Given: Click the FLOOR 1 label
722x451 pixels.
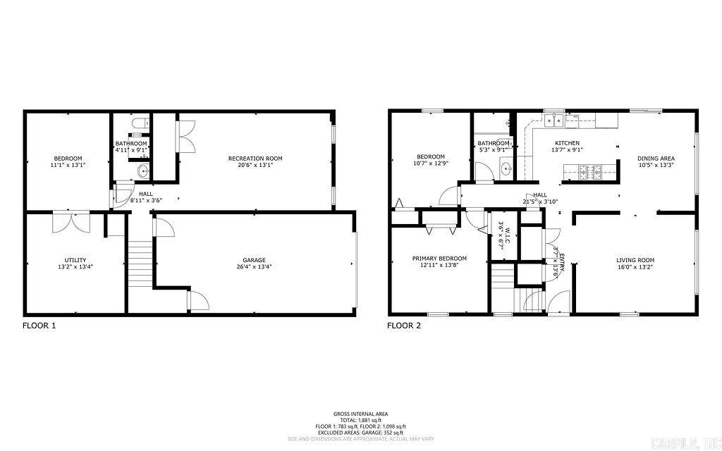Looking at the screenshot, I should (x=39, y=326).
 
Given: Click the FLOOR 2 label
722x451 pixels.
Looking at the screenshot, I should (x=404, y=326).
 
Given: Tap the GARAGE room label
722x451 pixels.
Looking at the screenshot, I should (x=255, y=260).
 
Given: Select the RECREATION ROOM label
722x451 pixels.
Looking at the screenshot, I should (x=255, y=159).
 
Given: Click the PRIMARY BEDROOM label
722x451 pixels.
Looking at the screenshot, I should (x=439, y=258).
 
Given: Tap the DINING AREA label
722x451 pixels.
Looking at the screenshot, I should (x=656, y=159).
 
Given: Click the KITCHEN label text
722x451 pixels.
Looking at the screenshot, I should (x=567, y=143).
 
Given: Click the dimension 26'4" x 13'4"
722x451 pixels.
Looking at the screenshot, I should (x=255, y=267).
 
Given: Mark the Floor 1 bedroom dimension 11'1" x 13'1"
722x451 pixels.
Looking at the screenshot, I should (x=68, y=165).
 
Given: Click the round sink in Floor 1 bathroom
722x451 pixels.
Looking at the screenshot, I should (x=143, y=170).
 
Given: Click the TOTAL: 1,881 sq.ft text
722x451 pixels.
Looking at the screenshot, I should (x=360, y=420).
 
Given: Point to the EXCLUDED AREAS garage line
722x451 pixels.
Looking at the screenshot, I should (x=360, y=432).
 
